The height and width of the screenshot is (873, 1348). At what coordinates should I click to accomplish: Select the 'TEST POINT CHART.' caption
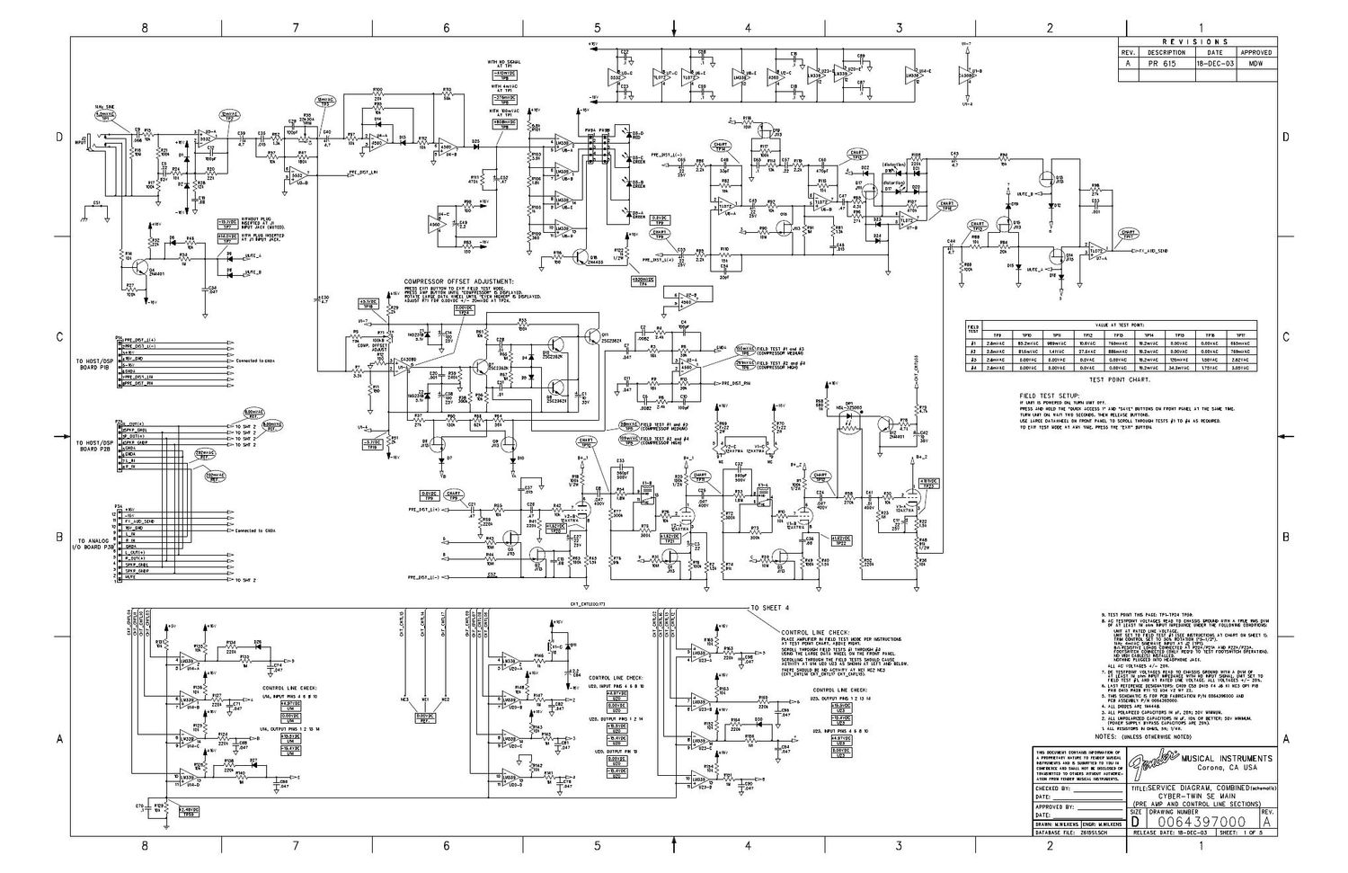1119,379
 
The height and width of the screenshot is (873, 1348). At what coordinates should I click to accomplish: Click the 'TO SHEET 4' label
771,609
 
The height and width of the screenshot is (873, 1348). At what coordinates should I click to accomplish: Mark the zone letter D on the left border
60,137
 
